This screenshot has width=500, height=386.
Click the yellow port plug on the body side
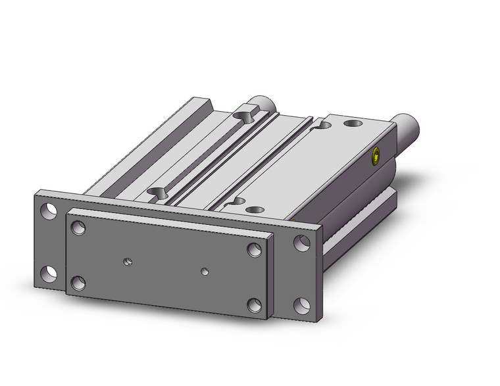click(x=376, y=157)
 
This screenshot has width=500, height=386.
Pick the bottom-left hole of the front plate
click(x=78, y=283)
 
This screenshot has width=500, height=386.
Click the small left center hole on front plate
click(x=127, y=262)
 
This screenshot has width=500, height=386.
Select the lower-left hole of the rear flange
click(x=47, y=272)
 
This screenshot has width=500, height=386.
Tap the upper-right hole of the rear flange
click(x=302, y=242)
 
